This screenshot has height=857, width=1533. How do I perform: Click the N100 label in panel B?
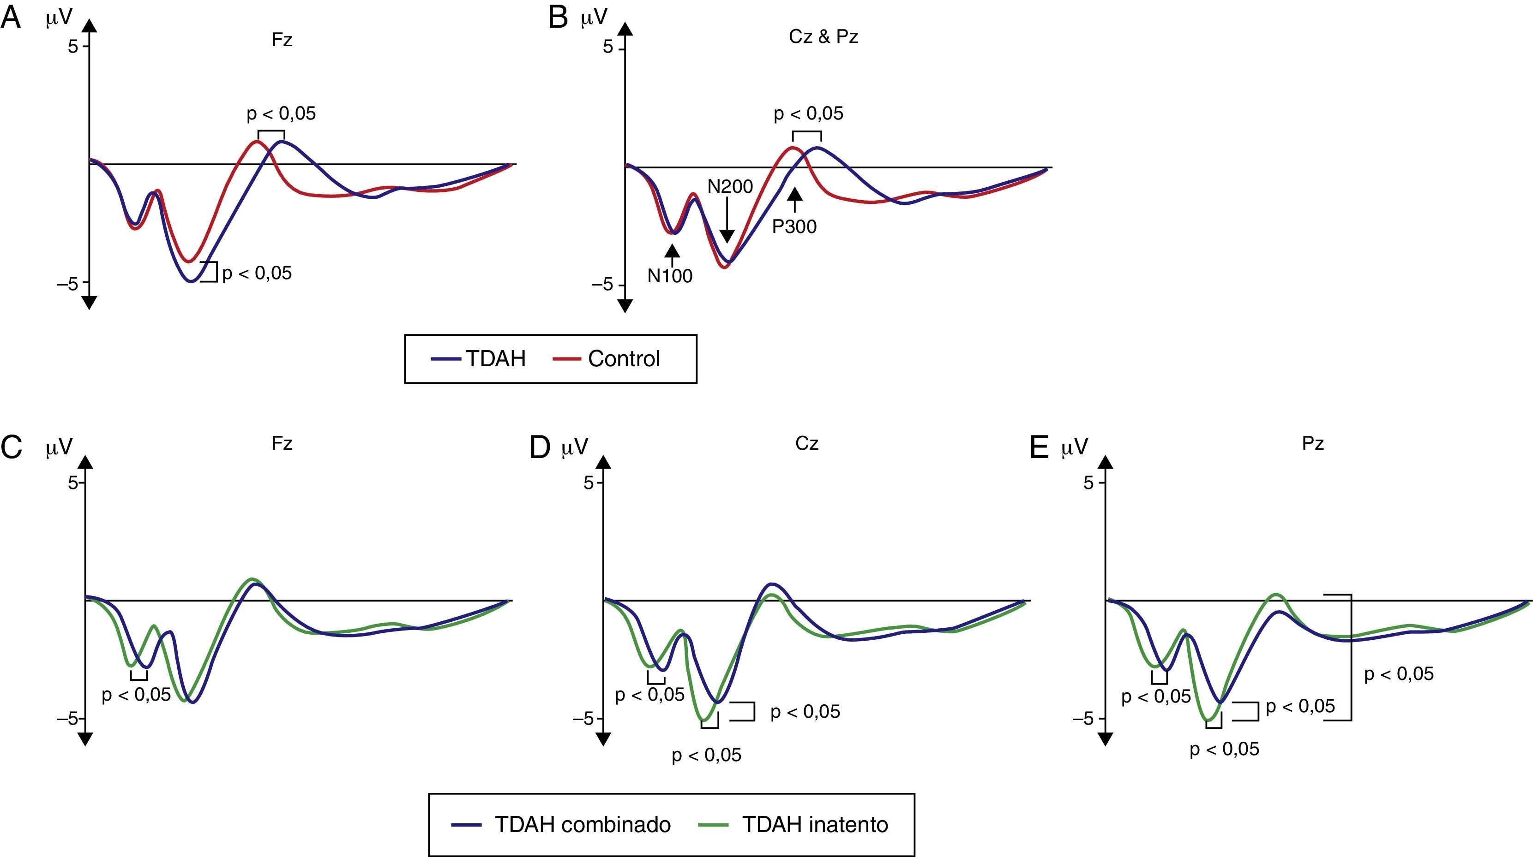(670, 276)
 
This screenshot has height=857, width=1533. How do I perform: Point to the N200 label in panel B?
(730, 187)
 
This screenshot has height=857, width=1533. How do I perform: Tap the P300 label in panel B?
(794, 226)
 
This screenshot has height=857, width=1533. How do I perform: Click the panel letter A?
(11, 18)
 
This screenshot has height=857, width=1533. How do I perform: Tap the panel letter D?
(540, 447)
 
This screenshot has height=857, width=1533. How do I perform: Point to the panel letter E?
(1039, 447)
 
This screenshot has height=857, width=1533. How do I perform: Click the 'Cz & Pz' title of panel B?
(824, 37)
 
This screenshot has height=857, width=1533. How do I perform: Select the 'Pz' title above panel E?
(1313, 444)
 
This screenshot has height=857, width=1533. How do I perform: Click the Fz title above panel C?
(282, 444)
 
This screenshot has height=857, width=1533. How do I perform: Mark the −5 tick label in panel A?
(67, 284)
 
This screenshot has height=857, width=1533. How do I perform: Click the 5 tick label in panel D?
(589, 483)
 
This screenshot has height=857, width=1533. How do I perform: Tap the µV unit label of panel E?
(1075, 447)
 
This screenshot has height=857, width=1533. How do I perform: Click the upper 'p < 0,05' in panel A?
(282, 113)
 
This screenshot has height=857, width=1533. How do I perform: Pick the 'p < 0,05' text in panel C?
(136, 694)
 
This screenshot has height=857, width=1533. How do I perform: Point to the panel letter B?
(558, 18)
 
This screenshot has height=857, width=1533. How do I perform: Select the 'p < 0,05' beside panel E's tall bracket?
(1399, 674)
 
